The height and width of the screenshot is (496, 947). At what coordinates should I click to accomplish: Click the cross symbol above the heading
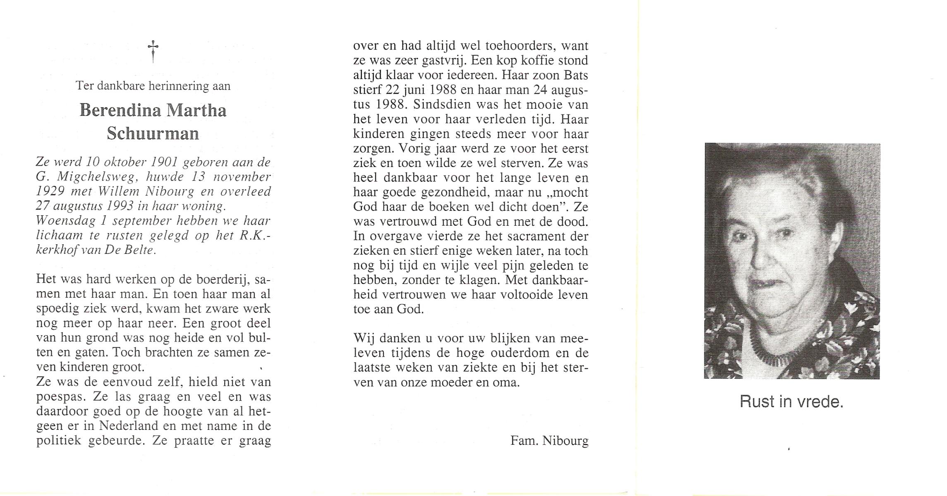click(x=153, y=51)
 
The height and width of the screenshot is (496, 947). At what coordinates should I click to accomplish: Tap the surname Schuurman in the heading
click(x=153, y=134)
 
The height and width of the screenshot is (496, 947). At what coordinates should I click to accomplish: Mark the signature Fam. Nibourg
click(x=549, y=441)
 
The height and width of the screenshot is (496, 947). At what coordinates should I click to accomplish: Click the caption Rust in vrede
click(x=791, y=402)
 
